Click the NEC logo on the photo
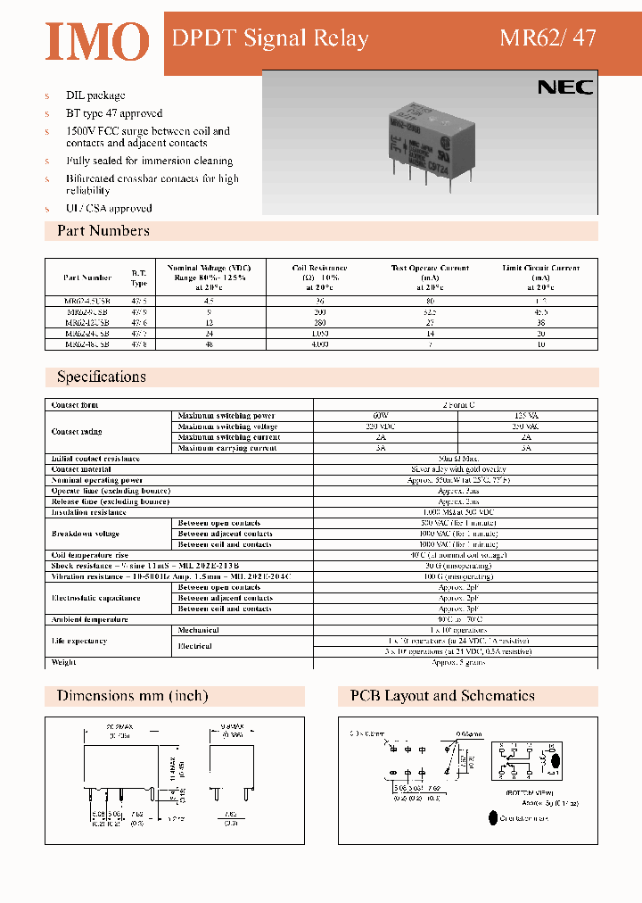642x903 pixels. [x=564, y=87]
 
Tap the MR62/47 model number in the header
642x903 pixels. [x=547, y=38]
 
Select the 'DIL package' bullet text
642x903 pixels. [x=95, y=95]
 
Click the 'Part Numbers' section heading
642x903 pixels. [x=103, y=231]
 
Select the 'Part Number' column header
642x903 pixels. [x=87, y=278]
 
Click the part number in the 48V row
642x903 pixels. [x=87, y=343]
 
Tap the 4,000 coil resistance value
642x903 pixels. [x=320, y=343]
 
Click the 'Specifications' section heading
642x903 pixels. [x=101, y=377]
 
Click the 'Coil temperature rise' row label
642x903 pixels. [x=90, y=555]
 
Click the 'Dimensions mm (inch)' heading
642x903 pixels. [x=132, y=696]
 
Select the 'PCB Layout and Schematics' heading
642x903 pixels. [x=442, y=696]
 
